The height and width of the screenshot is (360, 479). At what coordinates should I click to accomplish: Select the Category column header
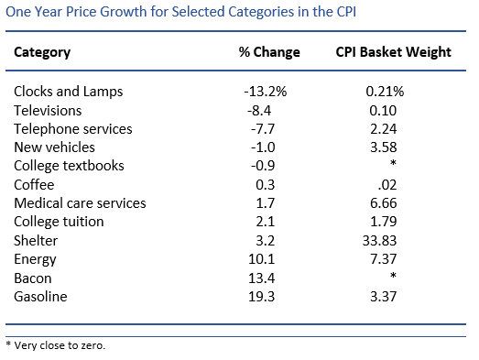(x=42, y=52)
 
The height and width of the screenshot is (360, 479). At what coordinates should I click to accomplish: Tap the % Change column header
(x=268, y=52)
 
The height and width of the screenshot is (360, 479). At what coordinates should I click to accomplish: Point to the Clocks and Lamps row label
(x=69, y=92)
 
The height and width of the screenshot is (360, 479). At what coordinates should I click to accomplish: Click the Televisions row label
(x=48, y=110)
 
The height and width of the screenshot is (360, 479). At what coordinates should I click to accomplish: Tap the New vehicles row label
(x=54, y=147)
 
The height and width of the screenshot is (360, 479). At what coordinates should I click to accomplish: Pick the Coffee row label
(x=34, y=184)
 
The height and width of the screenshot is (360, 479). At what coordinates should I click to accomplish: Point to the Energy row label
(x=35, y=258)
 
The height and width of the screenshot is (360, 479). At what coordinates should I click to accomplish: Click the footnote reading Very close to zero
(x=57, y=345)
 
